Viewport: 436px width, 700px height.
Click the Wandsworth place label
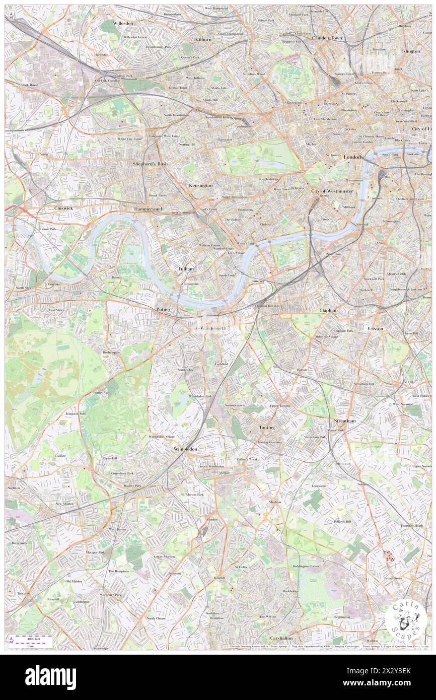click(213, 328)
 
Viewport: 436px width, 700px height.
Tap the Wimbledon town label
click(185, 448)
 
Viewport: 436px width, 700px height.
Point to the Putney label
click(164, 309)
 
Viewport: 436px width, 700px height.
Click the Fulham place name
click(186, 269)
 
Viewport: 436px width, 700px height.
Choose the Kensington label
click(200, 185)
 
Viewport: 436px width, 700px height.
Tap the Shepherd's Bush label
click(150, 164)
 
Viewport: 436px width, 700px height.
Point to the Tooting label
click(267, 428)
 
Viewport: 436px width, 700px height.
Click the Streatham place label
click(345, 421)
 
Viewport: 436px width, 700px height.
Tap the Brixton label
click(375, 328)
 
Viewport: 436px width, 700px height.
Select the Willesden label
click(123, 24)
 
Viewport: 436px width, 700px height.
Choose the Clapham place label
click(328, 311)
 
